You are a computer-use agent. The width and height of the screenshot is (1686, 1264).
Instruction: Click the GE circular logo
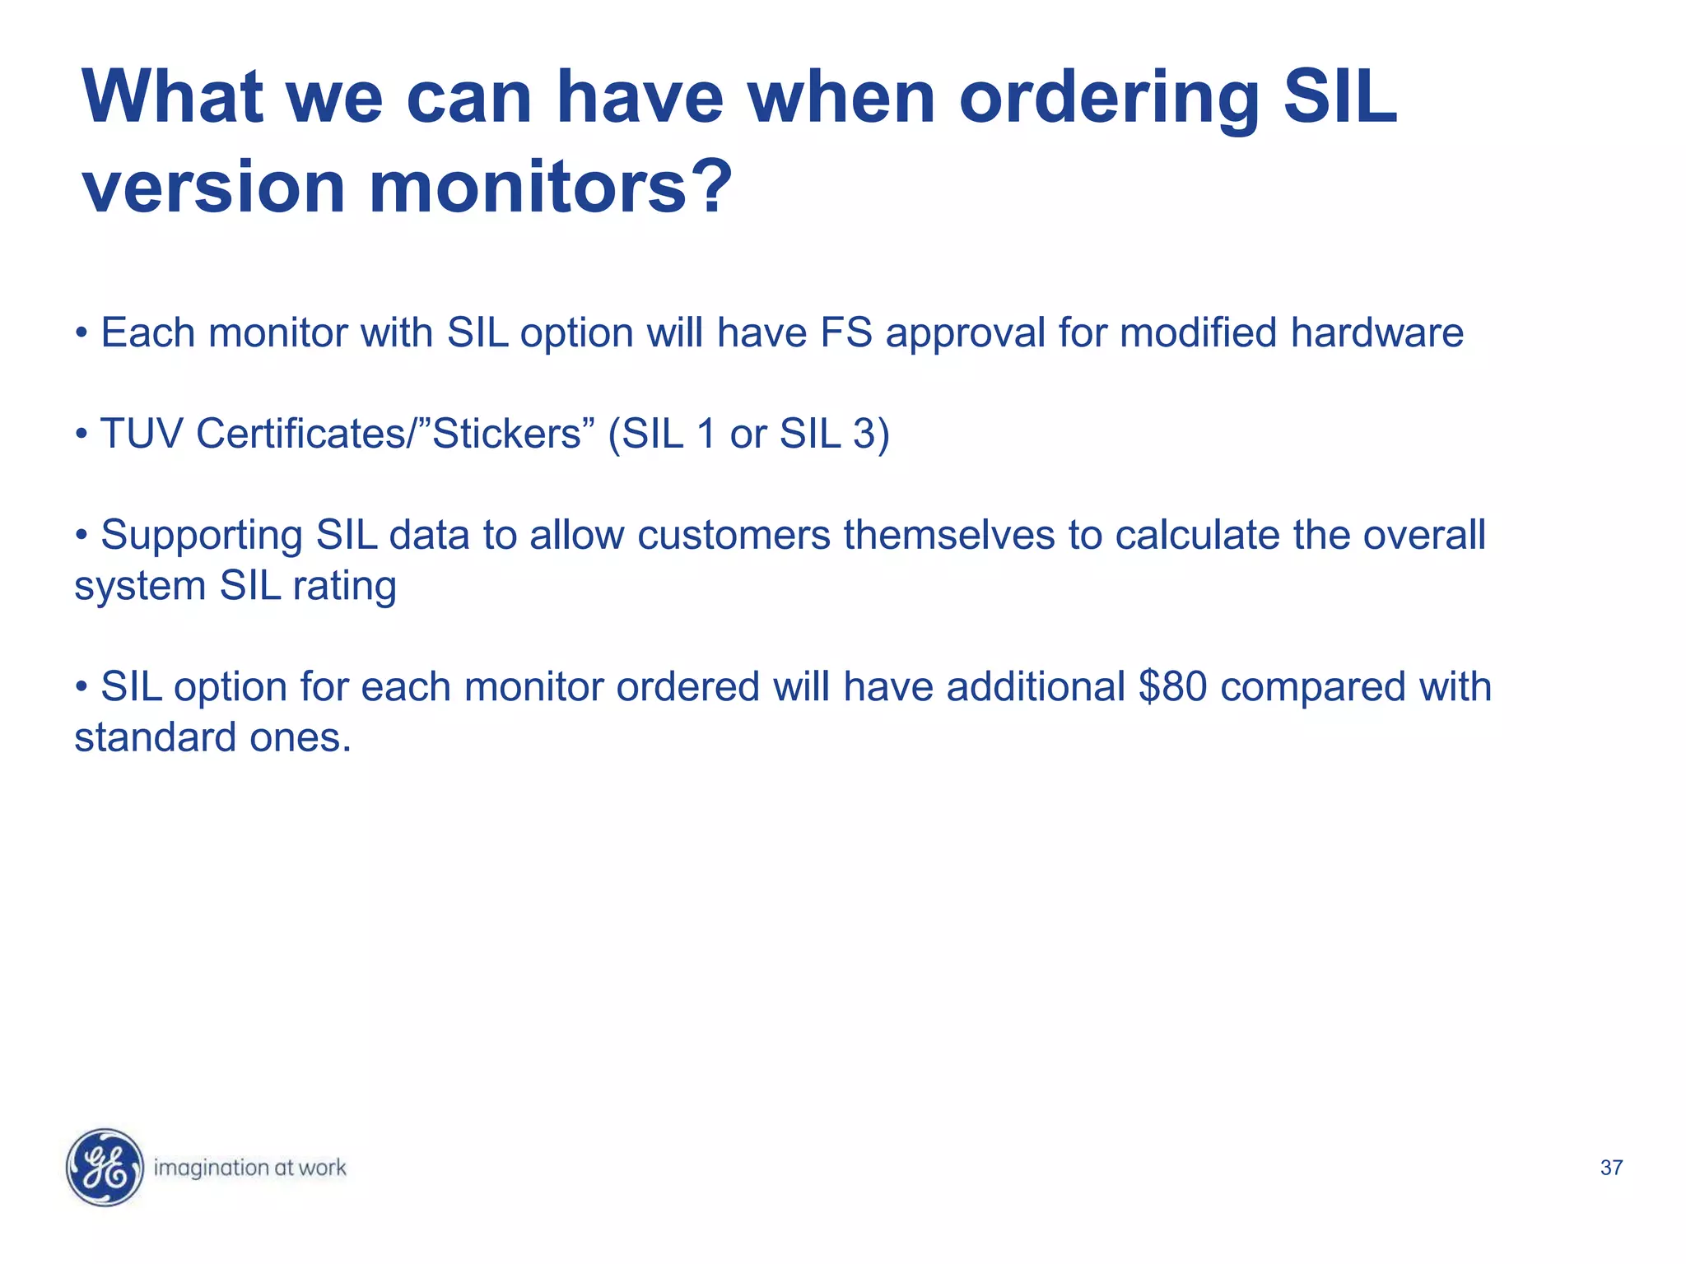pos(105,1167)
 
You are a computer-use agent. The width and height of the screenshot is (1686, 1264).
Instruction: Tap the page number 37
pos(1611,1168)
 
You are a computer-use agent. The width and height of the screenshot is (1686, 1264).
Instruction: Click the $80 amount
pos(1172,686)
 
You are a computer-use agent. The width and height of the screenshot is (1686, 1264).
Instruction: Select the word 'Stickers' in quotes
pos(506,434)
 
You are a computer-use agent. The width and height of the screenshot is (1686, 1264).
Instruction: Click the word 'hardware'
pos(1376,333)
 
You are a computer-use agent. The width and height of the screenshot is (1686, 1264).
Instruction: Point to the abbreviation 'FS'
pos(845,333)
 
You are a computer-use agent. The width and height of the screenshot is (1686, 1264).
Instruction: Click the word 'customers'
pos(734,535)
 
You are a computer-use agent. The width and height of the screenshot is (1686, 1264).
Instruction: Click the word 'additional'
pos(1036,686)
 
